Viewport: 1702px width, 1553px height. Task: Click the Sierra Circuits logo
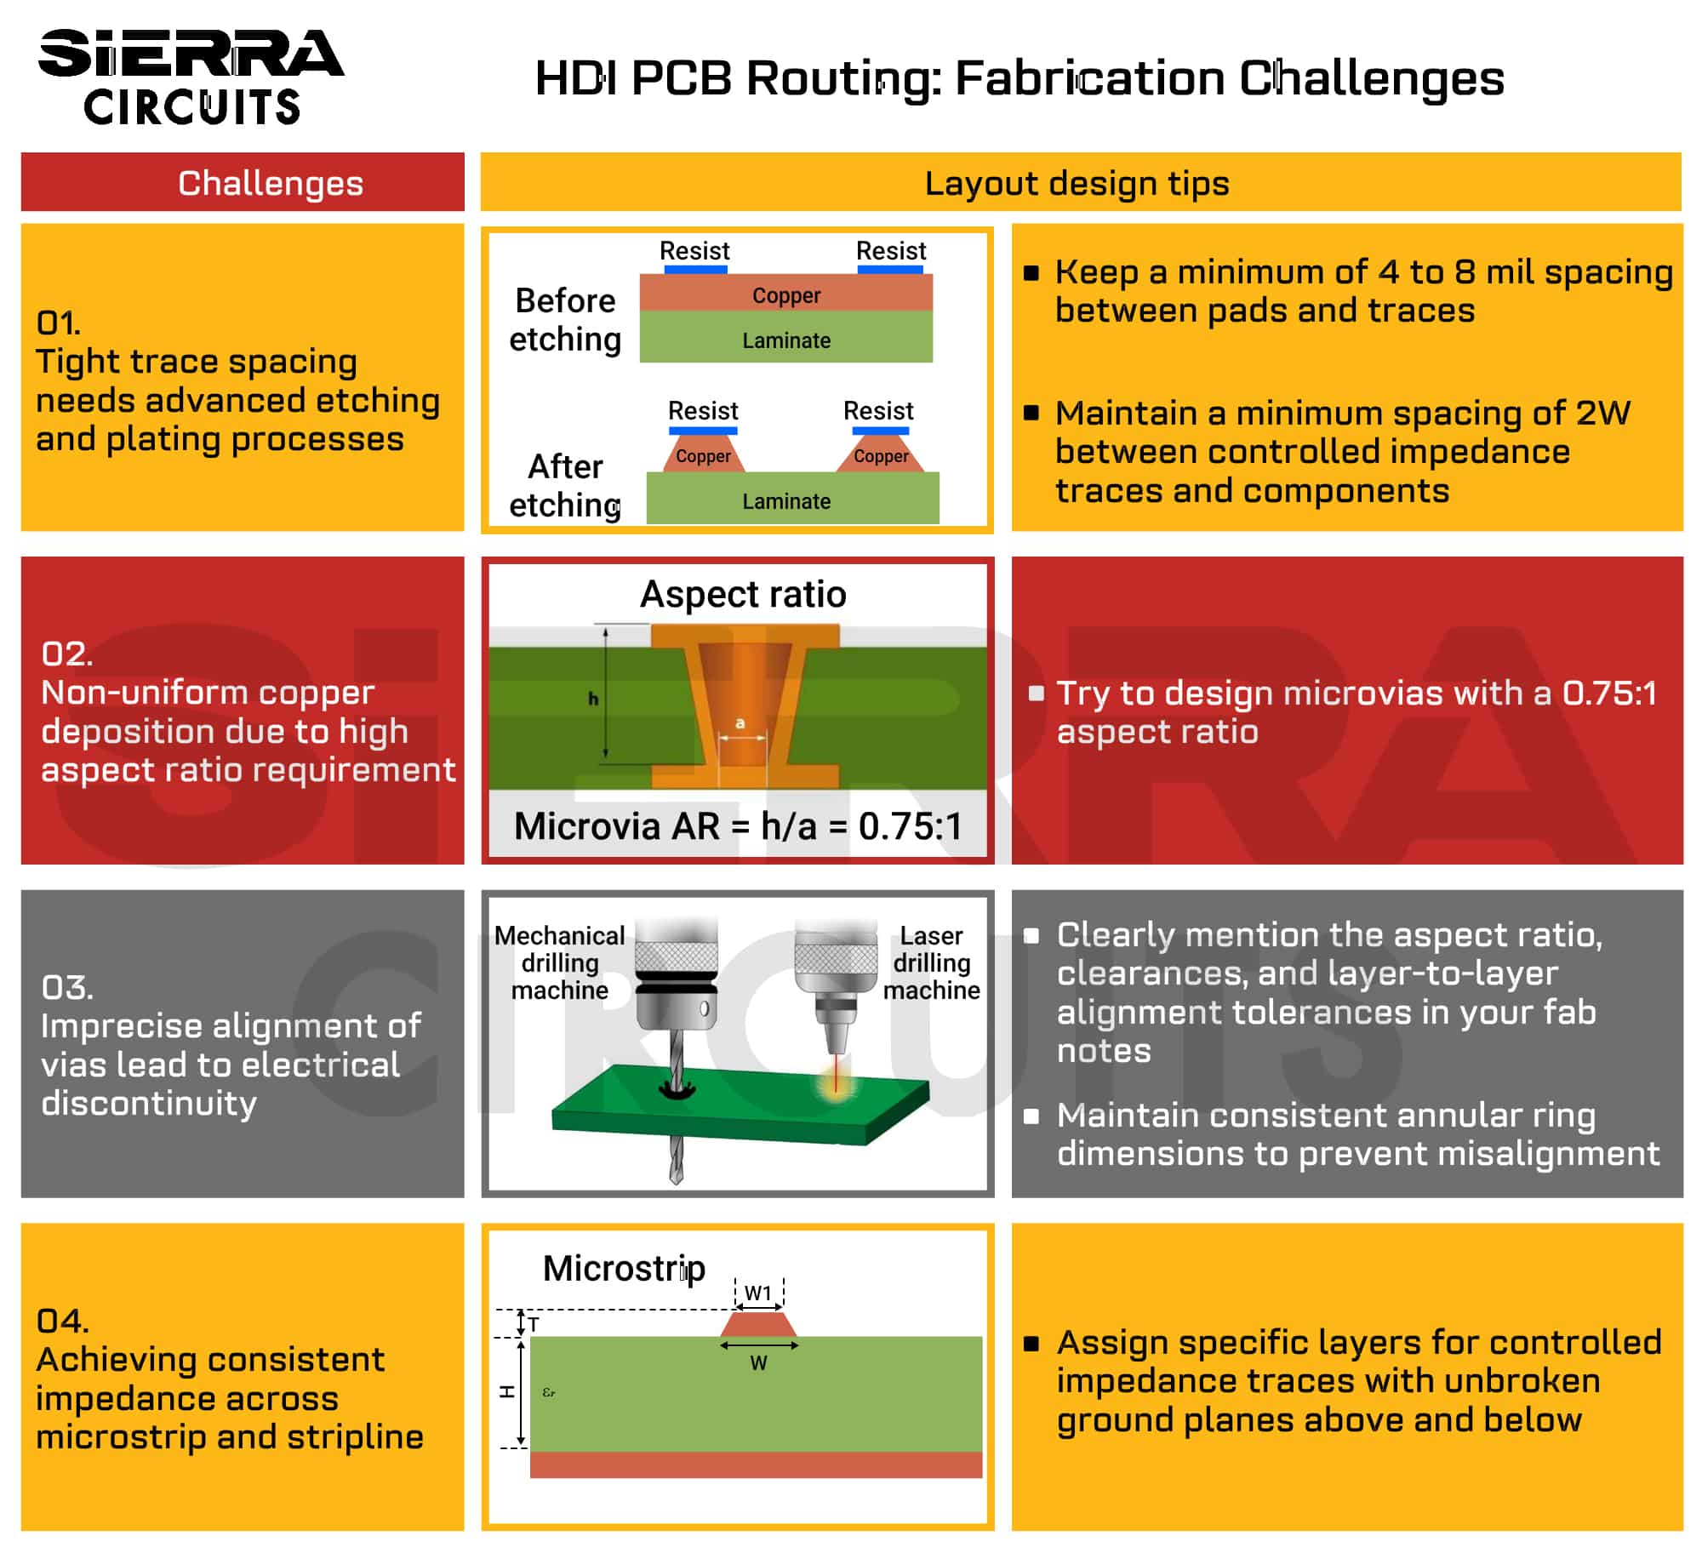191,77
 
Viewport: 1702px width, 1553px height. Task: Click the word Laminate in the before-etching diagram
785,340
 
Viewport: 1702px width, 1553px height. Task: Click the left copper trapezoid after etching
704,454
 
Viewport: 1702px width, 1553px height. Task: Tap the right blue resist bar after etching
880,431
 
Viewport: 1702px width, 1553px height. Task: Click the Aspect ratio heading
743,594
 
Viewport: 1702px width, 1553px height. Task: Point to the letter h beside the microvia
593,699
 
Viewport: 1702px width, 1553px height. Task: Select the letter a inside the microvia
740,723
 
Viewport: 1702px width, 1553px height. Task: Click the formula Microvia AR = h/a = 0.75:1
738,825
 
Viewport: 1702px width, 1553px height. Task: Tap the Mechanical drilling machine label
560,962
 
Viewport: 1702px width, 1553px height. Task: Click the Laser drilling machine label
931,962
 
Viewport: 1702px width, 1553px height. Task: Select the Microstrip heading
624,1268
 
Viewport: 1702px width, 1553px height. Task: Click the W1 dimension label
757,1293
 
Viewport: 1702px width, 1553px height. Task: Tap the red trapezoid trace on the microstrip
758,1324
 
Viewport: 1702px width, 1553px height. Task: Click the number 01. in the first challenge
58,323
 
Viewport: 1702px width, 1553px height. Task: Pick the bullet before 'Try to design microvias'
1036,693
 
